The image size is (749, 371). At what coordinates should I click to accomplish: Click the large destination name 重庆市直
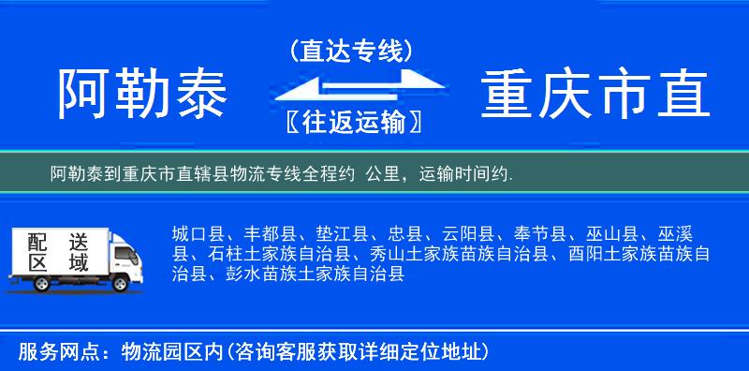point(595,94)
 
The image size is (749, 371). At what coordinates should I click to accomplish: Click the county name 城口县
point(197,234)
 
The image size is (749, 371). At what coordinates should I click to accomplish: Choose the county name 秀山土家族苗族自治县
point(463,254)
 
